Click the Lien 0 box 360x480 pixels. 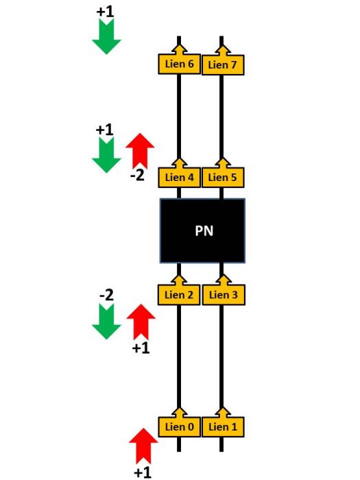(180, 427)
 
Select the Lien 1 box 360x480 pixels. (223, 427)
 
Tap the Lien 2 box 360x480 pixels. (179, 295)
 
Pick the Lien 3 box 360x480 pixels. (224, 295)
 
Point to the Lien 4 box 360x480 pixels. (180, 177)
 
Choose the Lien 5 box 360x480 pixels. (223, 177)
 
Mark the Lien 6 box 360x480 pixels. (180, 64)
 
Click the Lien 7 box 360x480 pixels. (223, 64)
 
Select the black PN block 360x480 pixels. (203, 230)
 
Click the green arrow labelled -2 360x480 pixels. (106, 322)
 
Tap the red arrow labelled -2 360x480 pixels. (140, 151)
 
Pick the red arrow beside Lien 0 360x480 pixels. (143, 446)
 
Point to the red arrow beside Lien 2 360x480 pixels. (141, 322)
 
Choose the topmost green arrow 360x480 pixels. (106, 36)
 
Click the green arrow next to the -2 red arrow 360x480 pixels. (106, 155)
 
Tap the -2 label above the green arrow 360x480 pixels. (106, 295)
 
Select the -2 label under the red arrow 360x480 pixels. (137, 176)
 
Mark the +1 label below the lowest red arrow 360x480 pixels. (143, 472)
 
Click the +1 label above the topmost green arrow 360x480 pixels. (105, 12)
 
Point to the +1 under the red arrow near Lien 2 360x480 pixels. (141, 348)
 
